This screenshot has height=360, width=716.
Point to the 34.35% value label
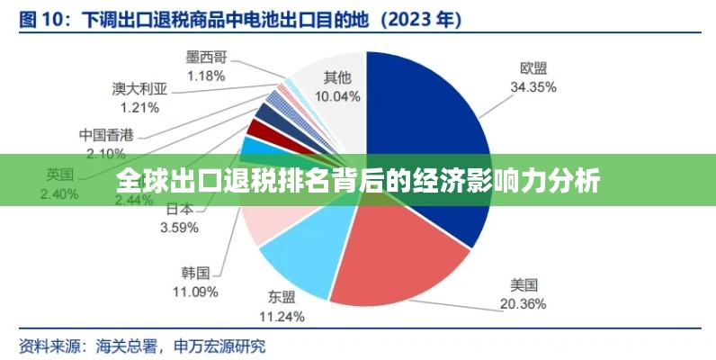point(533,87)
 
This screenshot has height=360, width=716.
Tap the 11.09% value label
point(195,291)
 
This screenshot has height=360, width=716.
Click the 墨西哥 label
point(206,58)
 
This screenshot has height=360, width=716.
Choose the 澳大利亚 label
point(139,89)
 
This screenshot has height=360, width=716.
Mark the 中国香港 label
point(106,135)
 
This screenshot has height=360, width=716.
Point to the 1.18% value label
point(206,76)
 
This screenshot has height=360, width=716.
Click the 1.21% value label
point(139,107)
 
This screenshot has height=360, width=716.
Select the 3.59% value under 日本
point(178,228)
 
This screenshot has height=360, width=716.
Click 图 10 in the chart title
point(44,17)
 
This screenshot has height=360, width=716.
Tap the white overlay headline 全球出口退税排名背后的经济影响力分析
point(358,181)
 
